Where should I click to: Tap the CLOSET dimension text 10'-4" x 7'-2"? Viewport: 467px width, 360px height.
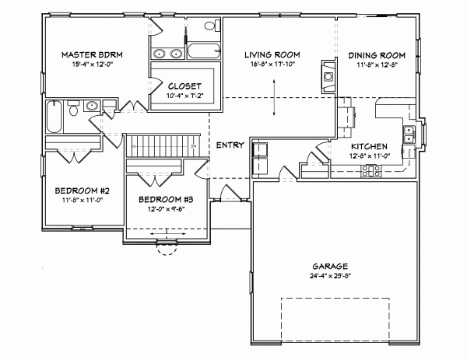[184, 95]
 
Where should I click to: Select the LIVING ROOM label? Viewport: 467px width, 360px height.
[272, 54]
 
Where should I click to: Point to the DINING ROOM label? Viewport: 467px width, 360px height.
[376, 54]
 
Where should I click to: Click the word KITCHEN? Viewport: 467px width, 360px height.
[365, 146]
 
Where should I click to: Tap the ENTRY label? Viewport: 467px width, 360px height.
[230, 145]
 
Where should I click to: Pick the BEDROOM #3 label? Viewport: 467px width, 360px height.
[166, 199]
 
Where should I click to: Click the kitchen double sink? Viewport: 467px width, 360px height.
[407, 134]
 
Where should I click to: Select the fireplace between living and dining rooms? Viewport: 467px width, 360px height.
[326, 76]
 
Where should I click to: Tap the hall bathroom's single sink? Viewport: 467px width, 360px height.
[91, 107]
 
